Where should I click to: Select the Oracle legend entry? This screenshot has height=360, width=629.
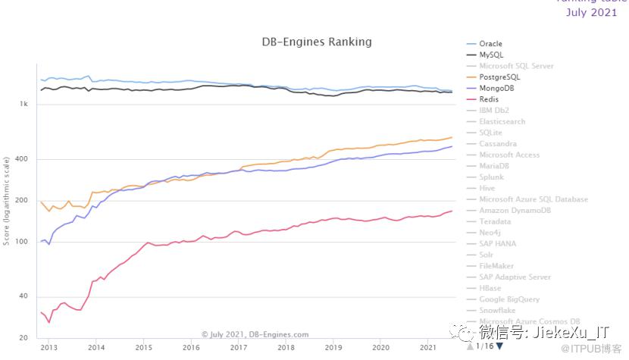click(490, 44)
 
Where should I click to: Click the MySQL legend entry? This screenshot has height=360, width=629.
click(490, 55)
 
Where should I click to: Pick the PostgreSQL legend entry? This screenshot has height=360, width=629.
click(499, 77)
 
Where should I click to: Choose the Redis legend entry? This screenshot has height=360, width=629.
click(489, 99)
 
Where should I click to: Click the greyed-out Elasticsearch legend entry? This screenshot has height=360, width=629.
click(502, 121)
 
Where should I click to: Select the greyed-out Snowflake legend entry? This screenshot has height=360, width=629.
click(496, 310)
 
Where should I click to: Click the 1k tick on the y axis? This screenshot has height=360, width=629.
click(24, 105)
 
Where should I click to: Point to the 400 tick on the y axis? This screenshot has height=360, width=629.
click(22, 159)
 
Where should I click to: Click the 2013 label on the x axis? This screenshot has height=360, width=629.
click(48, 347)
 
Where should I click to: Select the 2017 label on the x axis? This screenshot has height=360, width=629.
click(239, 347)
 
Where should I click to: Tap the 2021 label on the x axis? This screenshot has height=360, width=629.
click(429, 347)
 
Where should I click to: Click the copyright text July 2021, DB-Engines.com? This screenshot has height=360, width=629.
click(255, 333)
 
